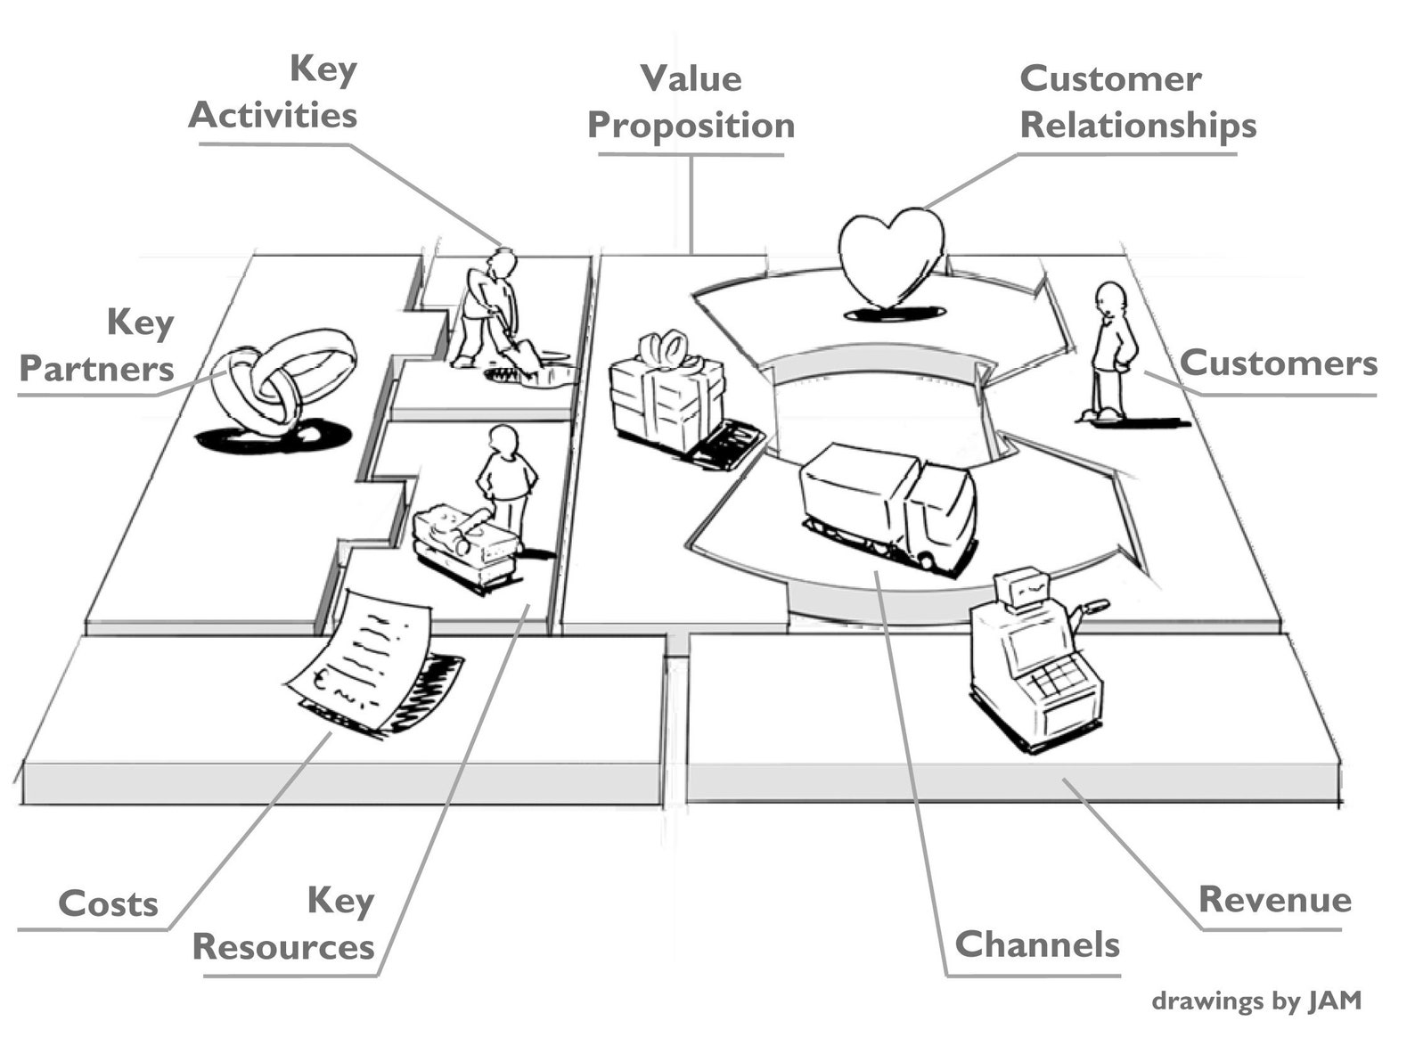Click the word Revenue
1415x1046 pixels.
click(x=1274, y=900)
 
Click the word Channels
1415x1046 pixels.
click(x=1037, y=944)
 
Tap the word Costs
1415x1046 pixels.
click(x=108, y=904)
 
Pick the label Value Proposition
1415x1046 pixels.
click(x=691, y=102)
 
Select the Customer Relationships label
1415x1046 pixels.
click(x=1137, y=102)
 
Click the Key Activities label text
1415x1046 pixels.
click(x=274, y=93)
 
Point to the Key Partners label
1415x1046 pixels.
click(x=98, y=346)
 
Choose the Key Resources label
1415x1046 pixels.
click(x=285, y=925)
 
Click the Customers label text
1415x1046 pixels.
click(x=1278, y=364)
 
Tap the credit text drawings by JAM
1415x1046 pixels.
click(x=1256, y=1001)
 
